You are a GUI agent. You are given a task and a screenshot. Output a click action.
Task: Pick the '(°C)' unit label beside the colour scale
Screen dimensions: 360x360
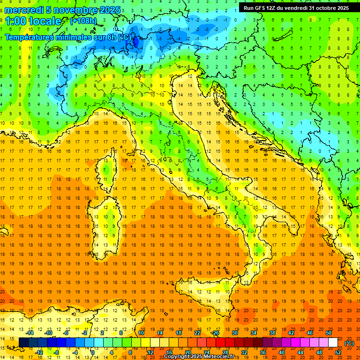(349, 343)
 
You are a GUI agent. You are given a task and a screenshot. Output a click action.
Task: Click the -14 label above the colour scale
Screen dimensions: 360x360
(31, 333)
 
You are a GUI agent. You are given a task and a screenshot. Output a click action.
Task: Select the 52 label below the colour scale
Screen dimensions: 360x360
(338, 352)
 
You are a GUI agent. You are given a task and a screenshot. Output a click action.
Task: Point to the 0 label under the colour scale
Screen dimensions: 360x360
(93, 352)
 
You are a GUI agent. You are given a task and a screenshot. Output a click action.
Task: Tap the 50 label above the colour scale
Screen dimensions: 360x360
(329, 333)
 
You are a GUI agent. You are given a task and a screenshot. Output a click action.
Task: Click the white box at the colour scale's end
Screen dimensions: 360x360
(333, 343)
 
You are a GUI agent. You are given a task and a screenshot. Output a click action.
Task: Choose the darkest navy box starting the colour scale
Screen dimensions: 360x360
(23, 343)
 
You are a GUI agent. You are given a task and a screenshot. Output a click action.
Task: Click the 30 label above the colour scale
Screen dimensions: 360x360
(235, 333)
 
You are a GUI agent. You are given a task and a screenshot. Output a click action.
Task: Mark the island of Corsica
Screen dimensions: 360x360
(108, 168)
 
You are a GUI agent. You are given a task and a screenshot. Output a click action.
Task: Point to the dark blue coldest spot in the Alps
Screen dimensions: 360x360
(136, 41)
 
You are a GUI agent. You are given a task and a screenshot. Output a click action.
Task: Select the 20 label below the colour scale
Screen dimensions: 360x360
(187, 352)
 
